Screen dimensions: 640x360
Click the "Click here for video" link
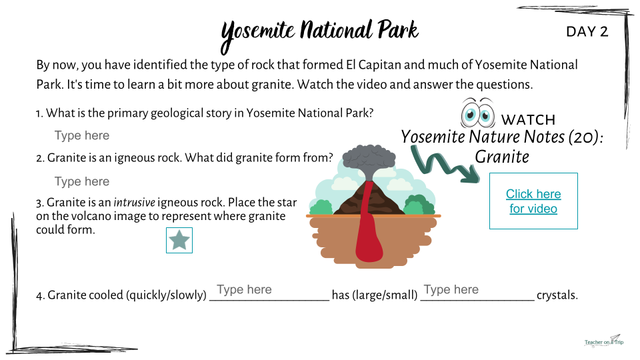pyautogui.click(x=533, y=201)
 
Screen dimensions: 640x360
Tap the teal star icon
pyautogui.click(x=179, y=240)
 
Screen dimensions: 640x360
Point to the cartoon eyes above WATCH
pyautogui.click(x=477, y=113)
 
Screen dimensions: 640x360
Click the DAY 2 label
pyautogui.click(x=587, y=31)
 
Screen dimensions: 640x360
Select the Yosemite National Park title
pyautogui.click(x=319, y=33)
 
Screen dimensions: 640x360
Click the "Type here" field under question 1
pyautogui.click(x=82, y=135)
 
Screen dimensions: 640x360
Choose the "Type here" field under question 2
pyautogui.click(x=82, y=181)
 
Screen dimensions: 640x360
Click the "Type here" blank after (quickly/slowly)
pyautogui.click(x=244, y=289)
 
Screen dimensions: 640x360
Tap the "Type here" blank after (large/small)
pyautogui.click(x=451, y=289)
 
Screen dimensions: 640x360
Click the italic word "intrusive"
pyautogui.click(x=134, y=203)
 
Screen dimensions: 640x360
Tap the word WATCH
pyautogui.click(x=528, y=119)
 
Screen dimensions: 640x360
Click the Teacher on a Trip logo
pyautogui.click(x=604, y=341)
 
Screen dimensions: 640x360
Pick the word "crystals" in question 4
pyautogui.click(x=557, y=295)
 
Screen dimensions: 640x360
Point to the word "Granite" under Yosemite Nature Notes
pyautogui.click(x=502, y=157)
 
